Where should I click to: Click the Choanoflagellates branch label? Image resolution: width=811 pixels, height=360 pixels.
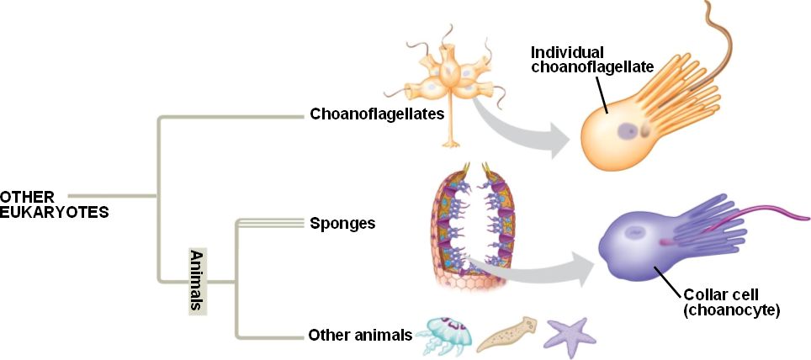pos(376,114)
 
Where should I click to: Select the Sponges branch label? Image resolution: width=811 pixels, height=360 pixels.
pos(342,224)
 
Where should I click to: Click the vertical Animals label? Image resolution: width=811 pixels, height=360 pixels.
pos(197,281)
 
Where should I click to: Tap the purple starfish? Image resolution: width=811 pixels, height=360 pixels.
pos(568,333)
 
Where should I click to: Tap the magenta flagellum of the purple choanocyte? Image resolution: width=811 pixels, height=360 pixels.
pos(757,227)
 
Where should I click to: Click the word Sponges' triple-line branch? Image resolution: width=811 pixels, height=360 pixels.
pos(269,223)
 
